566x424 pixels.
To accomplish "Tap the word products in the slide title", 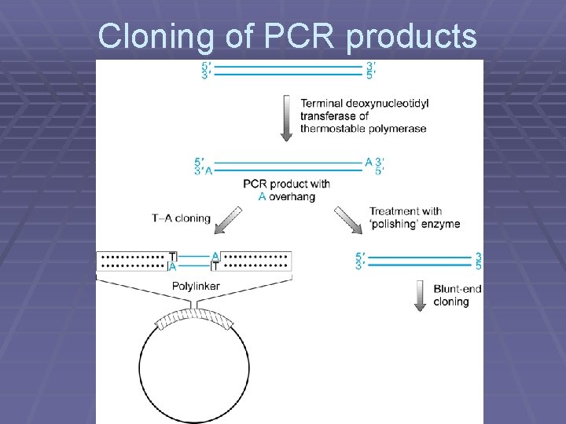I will tap(411, 37).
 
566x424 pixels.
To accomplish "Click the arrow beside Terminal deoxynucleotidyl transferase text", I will tap(286, 118).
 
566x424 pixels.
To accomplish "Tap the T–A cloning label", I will tap(181, 218).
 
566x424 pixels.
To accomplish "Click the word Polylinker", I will tap(196, 287).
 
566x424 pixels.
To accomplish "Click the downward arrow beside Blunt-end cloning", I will tap(419, 295).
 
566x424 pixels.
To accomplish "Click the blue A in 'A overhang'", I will tap(262, 196).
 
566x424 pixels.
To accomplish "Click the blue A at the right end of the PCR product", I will tap(368, 163).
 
